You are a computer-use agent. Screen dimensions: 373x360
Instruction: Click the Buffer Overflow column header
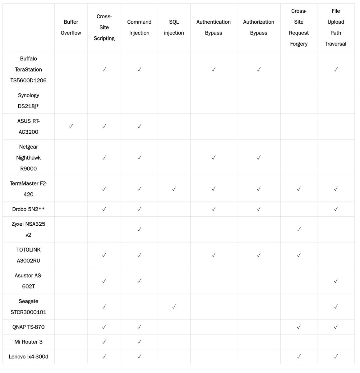pyautogui.click(x=71, y=27)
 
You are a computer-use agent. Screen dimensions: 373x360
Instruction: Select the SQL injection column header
pyautogui.click(x=174, y=27)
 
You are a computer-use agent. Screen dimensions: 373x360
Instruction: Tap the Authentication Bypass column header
pyautogui.click(x=214, y=27)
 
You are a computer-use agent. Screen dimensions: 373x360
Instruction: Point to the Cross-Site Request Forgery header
pyautogui.click(x=299, y=27)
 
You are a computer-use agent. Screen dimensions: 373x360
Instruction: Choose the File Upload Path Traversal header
pyautogui.click(x=336, y=27)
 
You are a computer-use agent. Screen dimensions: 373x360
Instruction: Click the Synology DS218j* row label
pyautogui.click(x=28, y=101)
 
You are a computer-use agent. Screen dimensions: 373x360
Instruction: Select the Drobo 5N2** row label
pyautogui.click(x=28, y=209)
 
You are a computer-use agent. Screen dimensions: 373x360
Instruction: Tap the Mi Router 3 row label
pyautogui.click(x=28, y=342)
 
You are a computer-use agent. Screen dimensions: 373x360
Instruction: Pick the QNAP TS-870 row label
pyautogui.click(x=28, y=327)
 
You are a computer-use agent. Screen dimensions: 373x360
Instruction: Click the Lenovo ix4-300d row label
pyautogui.click(x=28, y=357)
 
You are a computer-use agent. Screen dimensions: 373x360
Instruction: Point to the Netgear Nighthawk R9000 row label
pyautogui.click(x=28, y=158)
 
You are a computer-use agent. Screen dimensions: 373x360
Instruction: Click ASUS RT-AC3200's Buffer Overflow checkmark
pyautogui.click(x=71, y=126)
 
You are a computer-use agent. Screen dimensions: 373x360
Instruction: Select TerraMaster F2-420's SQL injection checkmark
pyautogui.click(x=174, y=189)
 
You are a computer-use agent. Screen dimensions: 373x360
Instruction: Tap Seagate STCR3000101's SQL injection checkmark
pyautogui.click(x=174, y=306)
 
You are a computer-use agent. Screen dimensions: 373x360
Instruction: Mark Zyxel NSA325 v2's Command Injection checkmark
pyautogui.click(x=139, y=229)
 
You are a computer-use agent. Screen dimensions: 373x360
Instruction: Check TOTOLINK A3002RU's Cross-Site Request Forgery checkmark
pyautogui.click(x=299, y=255)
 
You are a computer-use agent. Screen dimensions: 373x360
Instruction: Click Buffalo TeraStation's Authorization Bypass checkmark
pyautogui.click(x=259, y=70)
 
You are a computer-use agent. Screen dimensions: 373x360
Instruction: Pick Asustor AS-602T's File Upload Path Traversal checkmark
pyautogui.click(x=336, y=281)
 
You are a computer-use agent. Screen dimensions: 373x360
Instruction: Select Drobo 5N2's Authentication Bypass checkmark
pyautogui.click(x=214, y=209)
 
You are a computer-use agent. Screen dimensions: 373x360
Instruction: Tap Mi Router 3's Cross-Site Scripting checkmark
pyautogui.click(x=104, y=342)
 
